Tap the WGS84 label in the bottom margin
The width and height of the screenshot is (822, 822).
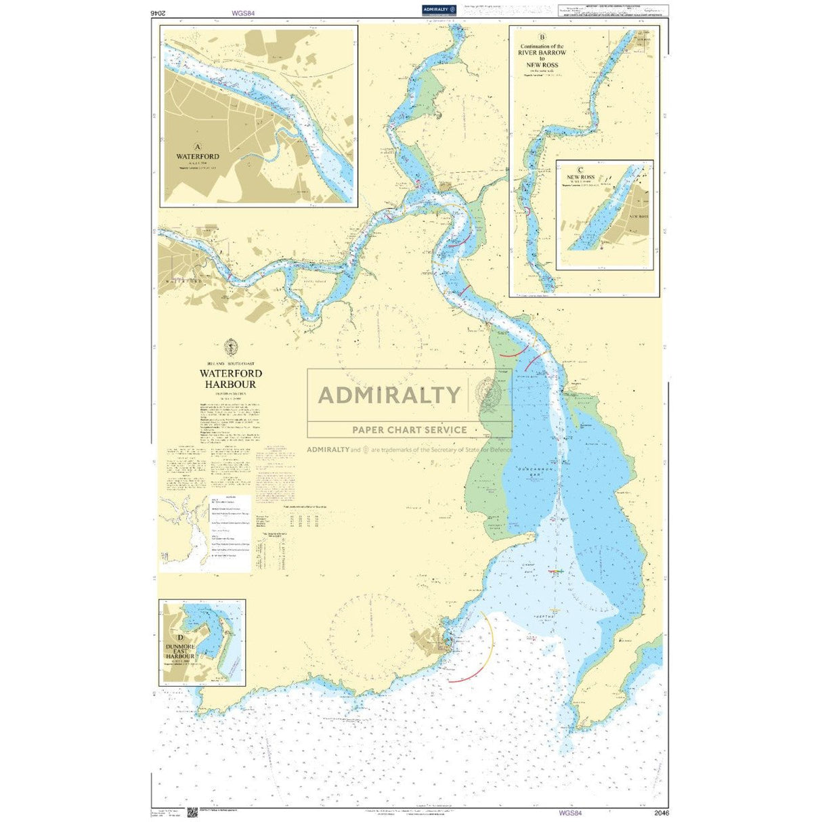click(569, 813)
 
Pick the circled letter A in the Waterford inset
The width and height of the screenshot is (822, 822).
click(198, 146)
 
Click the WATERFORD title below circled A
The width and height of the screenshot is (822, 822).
click(198, 156)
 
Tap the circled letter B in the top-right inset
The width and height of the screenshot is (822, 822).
click(541, 38)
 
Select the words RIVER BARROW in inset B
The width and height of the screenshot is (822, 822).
click(542, 52)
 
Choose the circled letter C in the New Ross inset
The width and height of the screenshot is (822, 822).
click(580, 170)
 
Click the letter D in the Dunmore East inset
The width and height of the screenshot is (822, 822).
click(180, 637)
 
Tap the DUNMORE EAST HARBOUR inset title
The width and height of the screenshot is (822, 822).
click(181, 651)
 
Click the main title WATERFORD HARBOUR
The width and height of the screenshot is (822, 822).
click(231, 378)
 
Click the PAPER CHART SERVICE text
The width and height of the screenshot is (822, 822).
click(409, 429)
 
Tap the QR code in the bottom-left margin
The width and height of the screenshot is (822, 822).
click(192, 812)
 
